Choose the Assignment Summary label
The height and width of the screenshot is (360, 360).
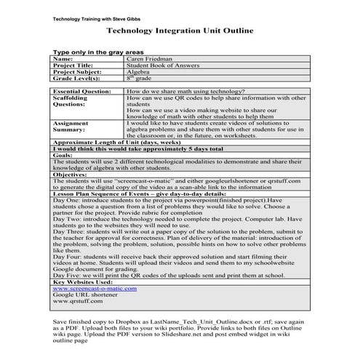pyautogui.click(x=75, y=127)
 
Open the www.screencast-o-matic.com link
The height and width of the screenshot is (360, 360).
pyautogui.click(x=95, y=288)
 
